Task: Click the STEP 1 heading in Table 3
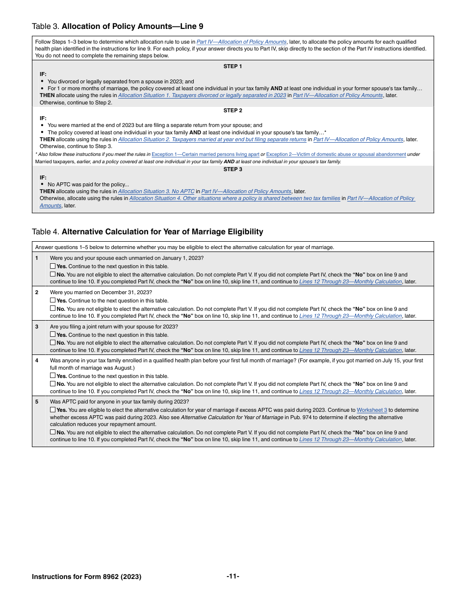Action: (x=233, y=66)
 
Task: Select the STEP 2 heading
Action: (x=233, y=110)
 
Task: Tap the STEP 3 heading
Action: (x=233, y=169)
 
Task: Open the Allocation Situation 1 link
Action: (x=202, y=96)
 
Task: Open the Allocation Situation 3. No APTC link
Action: (x=156, y=192)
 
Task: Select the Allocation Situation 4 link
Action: (x=234, y=199)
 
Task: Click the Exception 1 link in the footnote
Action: (x=205, y=154)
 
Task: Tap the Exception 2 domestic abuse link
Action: (x=336, y=154)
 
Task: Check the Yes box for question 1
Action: (x=52, y=266)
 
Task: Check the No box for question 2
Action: (x=52, y=309)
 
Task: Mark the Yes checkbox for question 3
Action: (x=52, y=335)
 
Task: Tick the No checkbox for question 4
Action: (x=52, y=384)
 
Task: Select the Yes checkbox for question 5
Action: (x=52, y=410)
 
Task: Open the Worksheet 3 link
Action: (x=371, y=410)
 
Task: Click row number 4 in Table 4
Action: (x=37, y=360)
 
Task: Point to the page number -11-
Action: (x=233, y=577)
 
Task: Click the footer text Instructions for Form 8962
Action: (x=86, y=577)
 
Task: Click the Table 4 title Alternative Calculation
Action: (x=162, y=232)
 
